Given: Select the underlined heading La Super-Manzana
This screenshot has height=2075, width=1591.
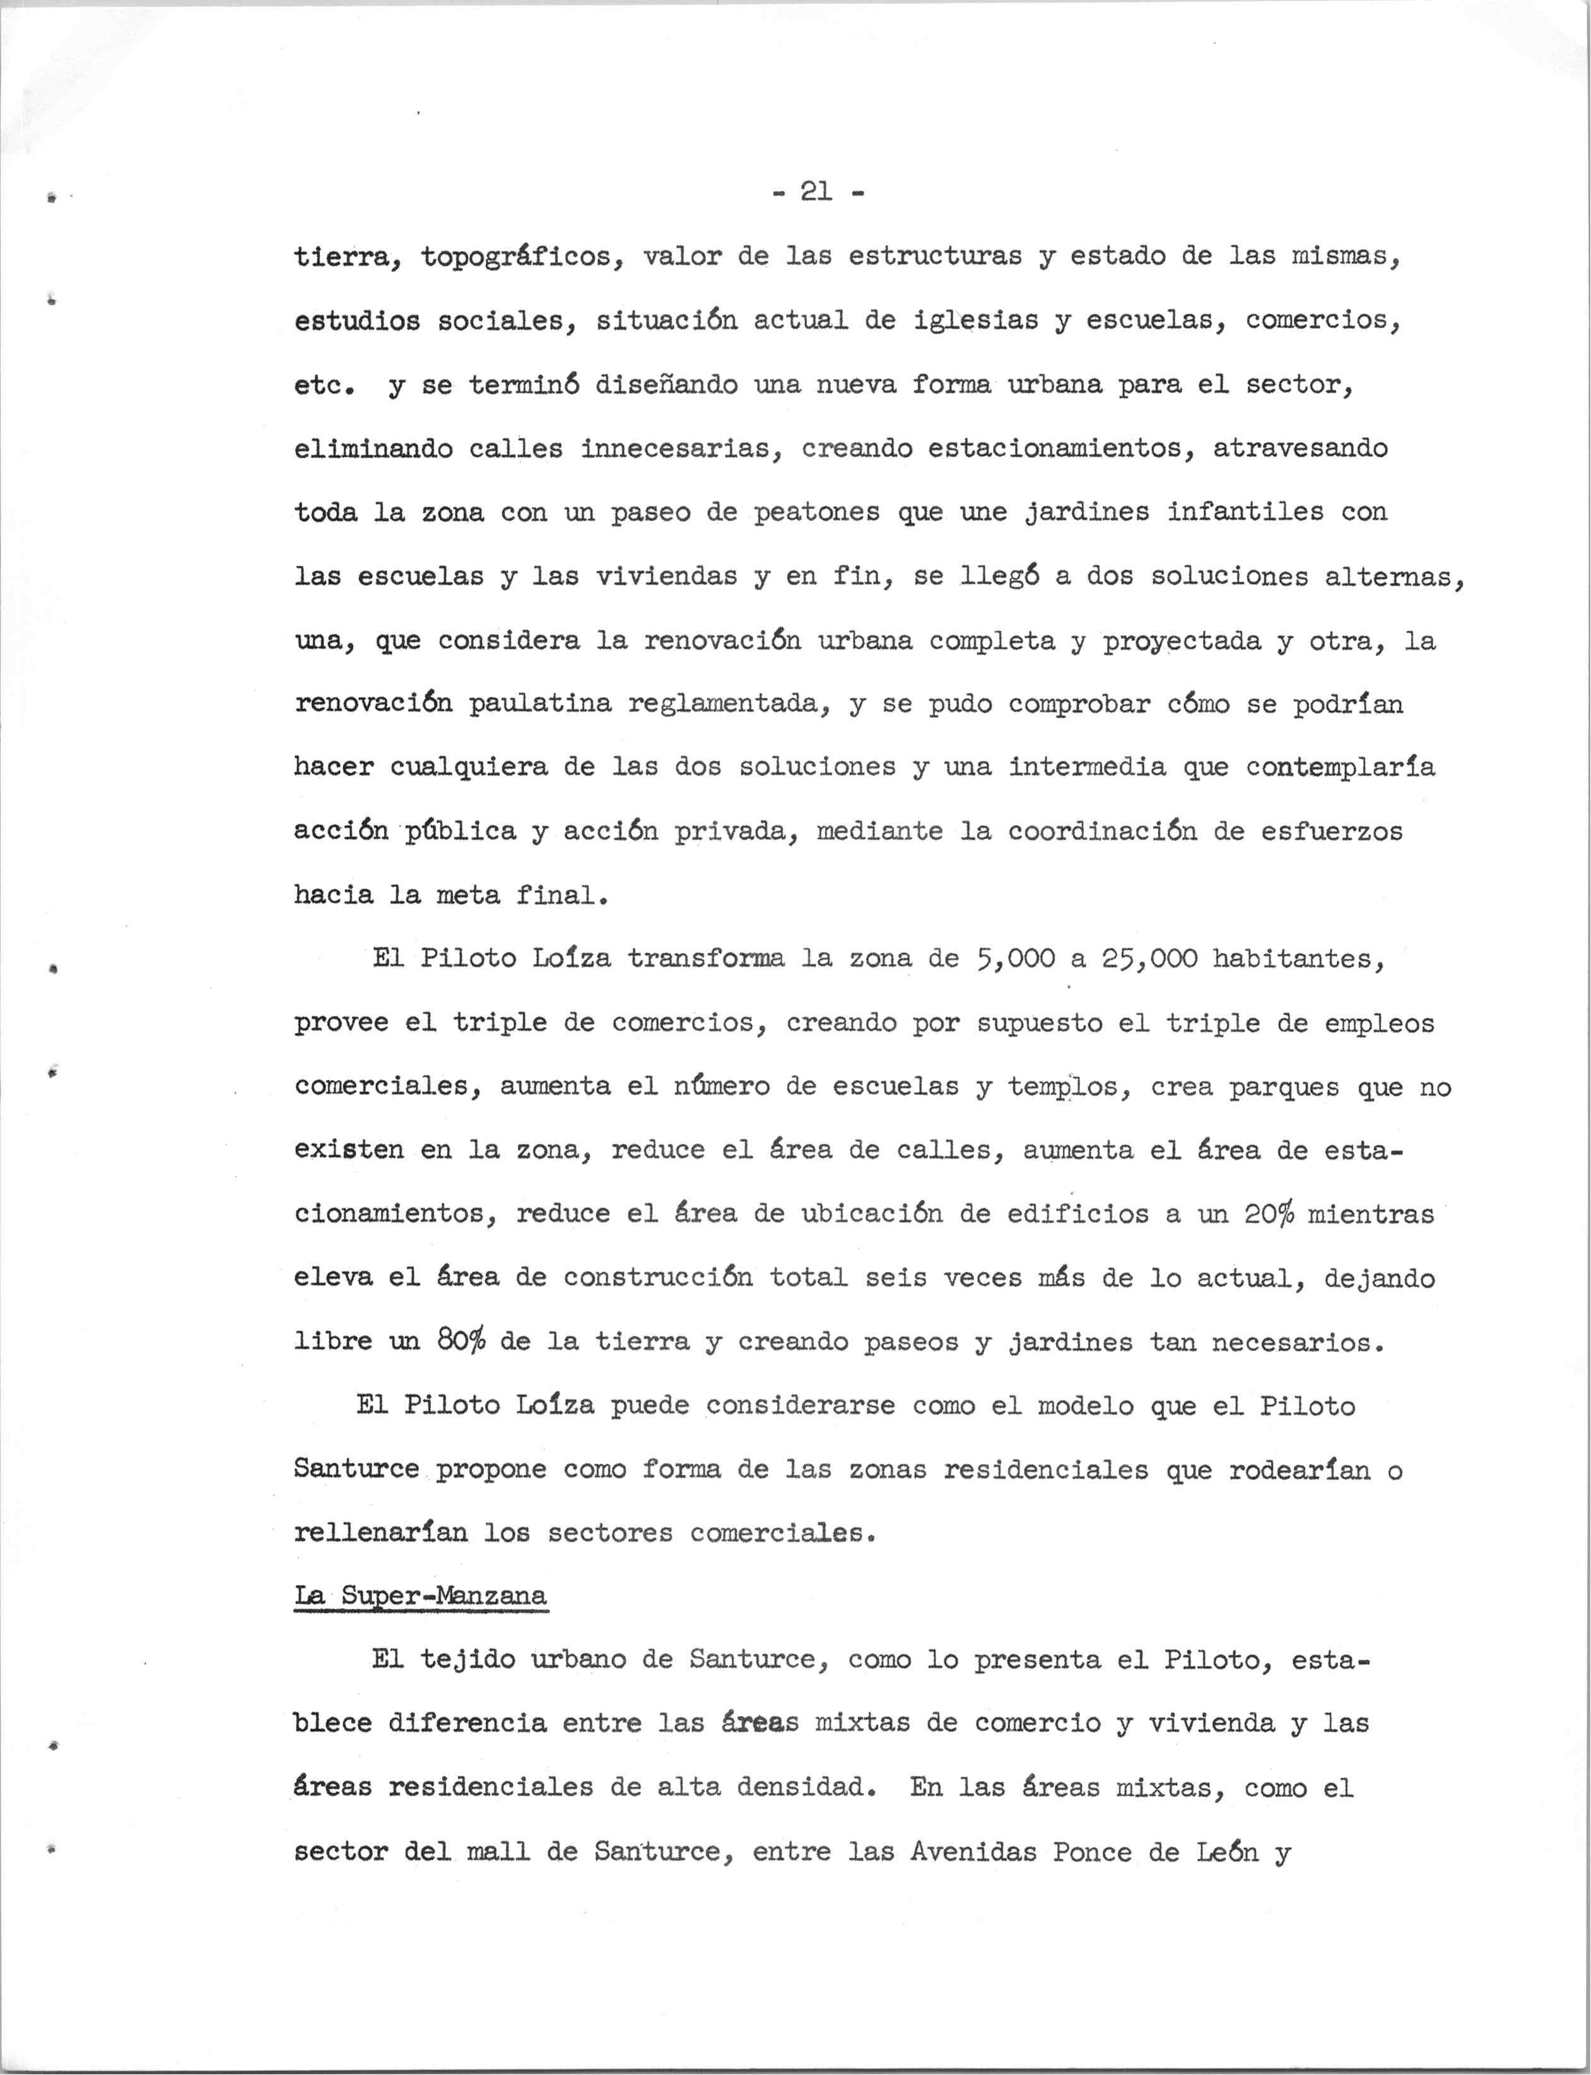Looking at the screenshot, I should [421, 1596].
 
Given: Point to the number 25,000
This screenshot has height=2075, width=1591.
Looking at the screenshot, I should [1149, 960].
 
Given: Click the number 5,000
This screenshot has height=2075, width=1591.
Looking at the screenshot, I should [1014, 960].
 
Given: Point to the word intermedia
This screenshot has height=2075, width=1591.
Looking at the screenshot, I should [1086, 767].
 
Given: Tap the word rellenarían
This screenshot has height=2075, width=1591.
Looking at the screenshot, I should [380, 1533].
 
